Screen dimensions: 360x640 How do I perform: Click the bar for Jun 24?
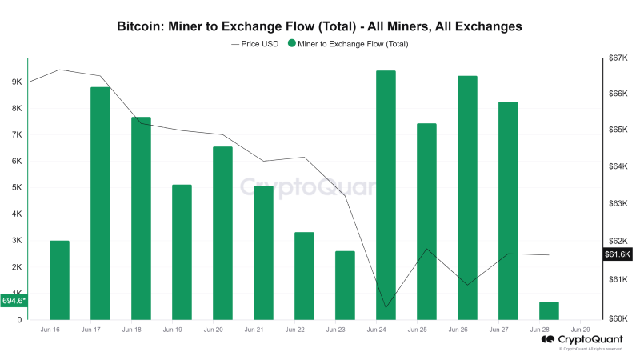pos(386,195)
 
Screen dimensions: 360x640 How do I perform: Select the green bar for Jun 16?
pos(59,280)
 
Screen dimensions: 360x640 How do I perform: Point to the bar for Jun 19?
pos(182,252)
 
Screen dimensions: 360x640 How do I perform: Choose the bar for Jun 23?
pos(345,285)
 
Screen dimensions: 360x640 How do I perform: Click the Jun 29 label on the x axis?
pos(581,330)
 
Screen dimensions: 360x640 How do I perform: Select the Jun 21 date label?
pos(254,330)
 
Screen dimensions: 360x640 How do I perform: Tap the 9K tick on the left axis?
pos(16,82)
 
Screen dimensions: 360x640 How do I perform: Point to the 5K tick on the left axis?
pos(16,188)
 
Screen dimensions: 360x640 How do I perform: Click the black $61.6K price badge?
pos(617,254)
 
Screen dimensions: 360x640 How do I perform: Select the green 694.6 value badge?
pos(14,301)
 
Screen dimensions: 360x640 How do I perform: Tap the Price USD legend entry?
pos(254,44)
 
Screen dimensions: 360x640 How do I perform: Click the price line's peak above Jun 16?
pos(61,70)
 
